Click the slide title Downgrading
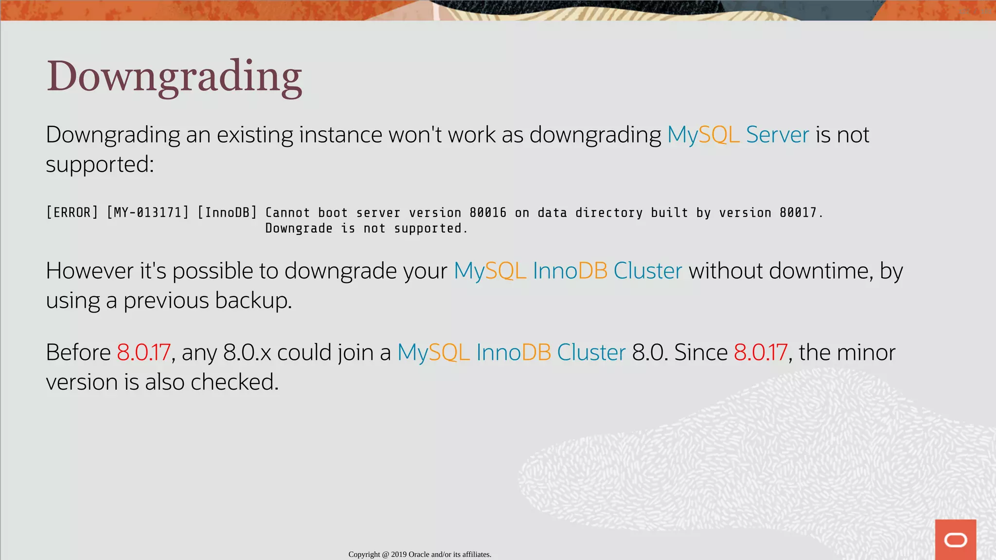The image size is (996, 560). tap(174, 77)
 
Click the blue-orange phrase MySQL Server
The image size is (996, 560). tap(738, 135)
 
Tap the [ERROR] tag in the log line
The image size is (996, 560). tap(72, 213)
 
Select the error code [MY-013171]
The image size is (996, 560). tap(147, 213)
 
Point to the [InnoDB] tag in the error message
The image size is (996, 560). tap(227, 213)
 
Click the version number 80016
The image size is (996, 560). tap(488, 213)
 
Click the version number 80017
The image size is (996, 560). tap(798, 213)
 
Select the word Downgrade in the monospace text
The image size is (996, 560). tap(299, 228)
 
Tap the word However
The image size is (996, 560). tap(89, 271)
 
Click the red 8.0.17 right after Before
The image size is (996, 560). tap(143, 352)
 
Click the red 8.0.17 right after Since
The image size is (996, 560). tap(761, 352)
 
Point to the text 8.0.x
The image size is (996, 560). tap(247, 352)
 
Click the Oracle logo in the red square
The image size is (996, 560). tap(955, 540)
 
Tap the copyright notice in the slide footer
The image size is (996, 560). tap(420, 554)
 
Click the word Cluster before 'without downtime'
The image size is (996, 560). tap(647, 271)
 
